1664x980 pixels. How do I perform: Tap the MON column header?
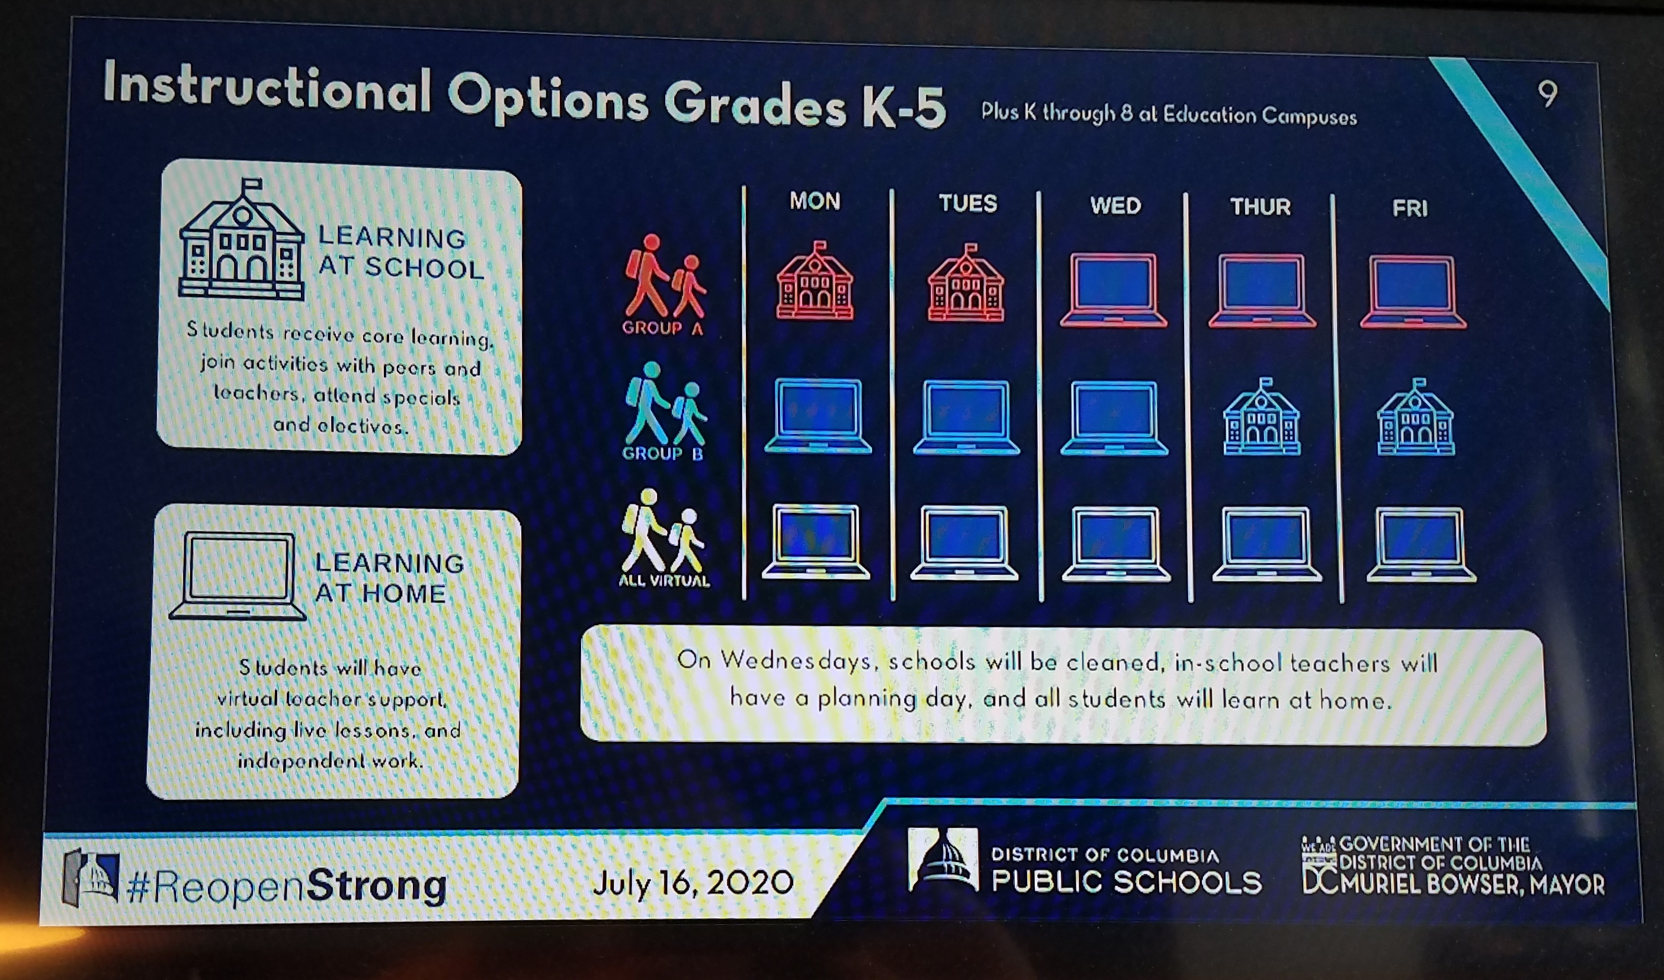point(815,201)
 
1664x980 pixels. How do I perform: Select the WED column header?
point(1115,205)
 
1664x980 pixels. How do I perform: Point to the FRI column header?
point(1410,208)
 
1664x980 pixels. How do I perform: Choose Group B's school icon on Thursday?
point(1262,417)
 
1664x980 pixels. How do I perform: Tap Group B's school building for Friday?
point(1416,417)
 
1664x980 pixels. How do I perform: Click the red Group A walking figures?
point(665,277)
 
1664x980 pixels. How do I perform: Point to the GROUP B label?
point(662,453)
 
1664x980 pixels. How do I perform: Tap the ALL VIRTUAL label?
point(664,580)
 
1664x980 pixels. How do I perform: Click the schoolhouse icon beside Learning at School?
point(242,239)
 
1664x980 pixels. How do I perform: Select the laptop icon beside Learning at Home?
point(237,576)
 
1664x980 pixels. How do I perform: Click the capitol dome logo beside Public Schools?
point(942,860)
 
